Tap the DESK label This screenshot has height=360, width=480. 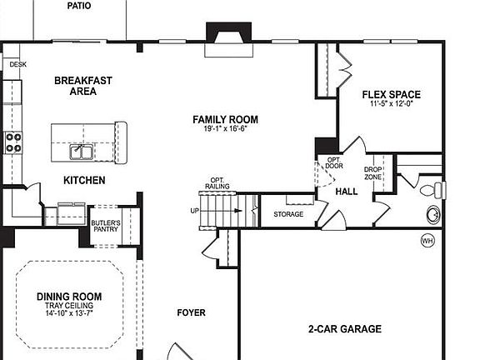click(x=17, y=63)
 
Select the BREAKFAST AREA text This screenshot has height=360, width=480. click(x=83, y=86)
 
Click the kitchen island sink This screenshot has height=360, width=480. click(x=81, y=152)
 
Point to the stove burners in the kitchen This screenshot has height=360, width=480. click(x=14, y=142)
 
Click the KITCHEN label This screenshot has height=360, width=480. click(x=85, y=180)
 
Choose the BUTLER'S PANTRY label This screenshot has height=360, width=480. click(x=106, y=227)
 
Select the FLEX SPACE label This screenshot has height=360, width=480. click(x=391, y=94)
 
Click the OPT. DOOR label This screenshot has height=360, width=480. click(x=333, y=162)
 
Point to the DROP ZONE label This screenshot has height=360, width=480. click(x=372, y=172)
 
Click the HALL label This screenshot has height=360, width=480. click(x=346, y=192)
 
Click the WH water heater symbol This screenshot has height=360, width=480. click(x=427, y=241)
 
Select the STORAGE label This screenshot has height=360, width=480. click(x=288, y=214)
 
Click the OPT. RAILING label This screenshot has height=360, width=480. click(x=217, y=184)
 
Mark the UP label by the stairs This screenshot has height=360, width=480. click(x=194, y=210)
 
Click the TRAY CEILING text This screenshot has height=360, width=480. click(x=70, y=306)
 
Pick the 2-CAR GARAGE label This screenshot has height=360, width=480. click(x=344, y=328)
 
